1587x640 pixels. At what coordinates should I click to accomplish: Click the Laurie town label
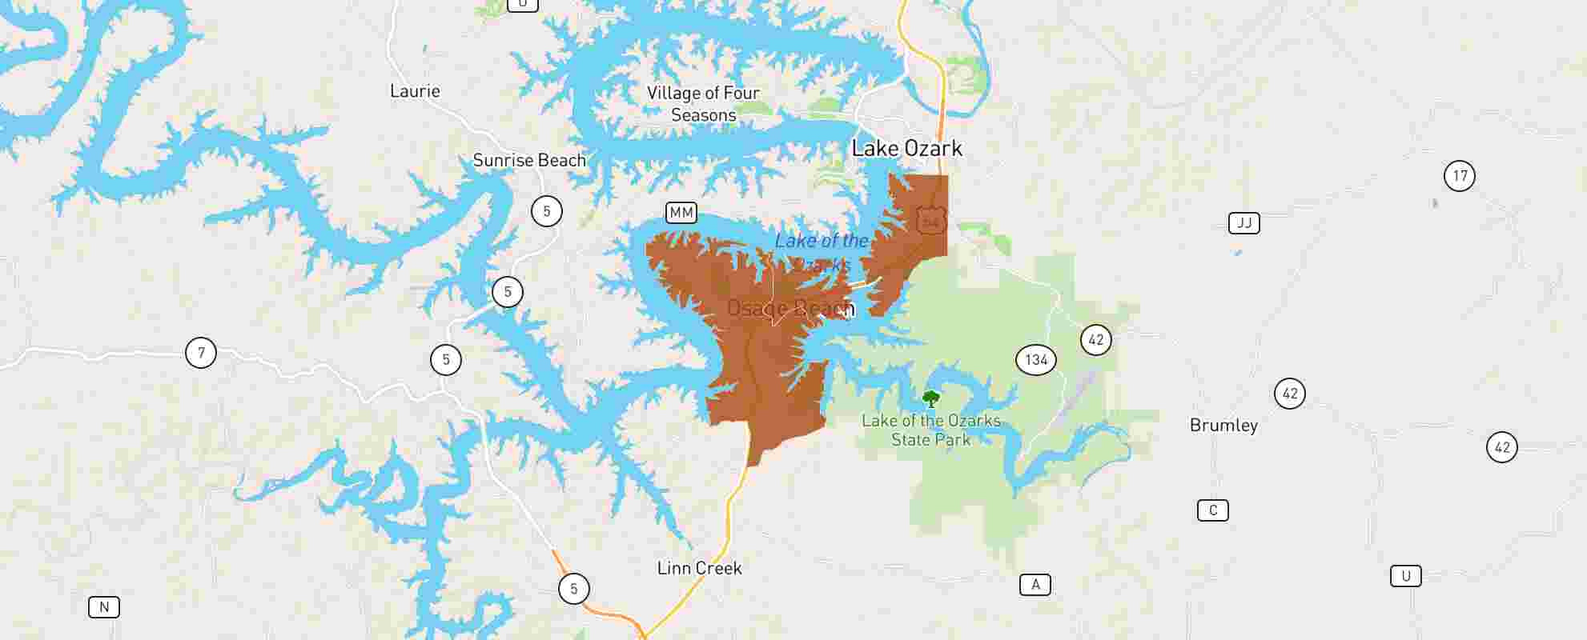click(415, 91)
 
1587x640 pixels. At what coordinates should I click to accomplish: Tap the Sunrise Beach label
click(529, 160)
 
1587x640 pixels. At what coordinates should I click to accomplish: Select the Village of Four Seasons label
click(703, 104)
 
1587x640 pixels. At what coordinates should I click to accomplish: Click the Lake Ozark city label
click(906, 148)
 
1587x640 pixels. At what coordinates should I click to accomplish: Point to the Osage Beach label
click(790, 308)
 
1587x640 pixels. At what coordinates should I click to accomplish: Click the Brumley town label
click(1223, 426)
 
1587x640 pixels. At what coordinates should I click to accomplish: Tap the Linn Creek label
click(699, 568)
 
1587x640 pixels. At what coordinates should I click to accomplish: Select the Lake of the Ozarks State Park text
click(930, 430)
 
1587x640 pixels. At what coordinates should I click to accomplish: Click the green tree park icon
click(930, 398)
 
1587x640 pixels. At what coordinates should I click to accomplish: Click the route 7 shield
click(201, 352)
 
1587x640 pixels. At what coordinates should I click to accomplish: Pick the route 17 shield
click(1460, 176)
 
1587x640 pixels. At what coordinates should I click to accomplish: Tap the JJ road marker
click(1243, 223)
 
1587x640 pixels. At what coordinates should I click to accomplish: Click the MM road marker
click(681, 213)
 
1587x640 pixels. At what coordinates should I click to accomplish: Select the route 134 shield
click(1036, 360)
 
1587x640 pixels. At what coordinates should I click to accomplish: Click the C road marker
click(1212, 510)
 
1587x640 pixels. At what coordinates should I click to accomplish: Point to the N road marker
click(104, 607)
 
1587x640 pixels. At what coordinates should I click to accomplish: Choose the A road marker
click(1035, 585)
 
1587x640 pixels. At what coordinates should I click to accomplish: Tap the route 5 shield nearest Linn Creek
click(573, 590)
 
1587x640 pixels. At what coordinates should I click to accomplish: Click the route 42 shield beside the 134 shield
click(1095, 340)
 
